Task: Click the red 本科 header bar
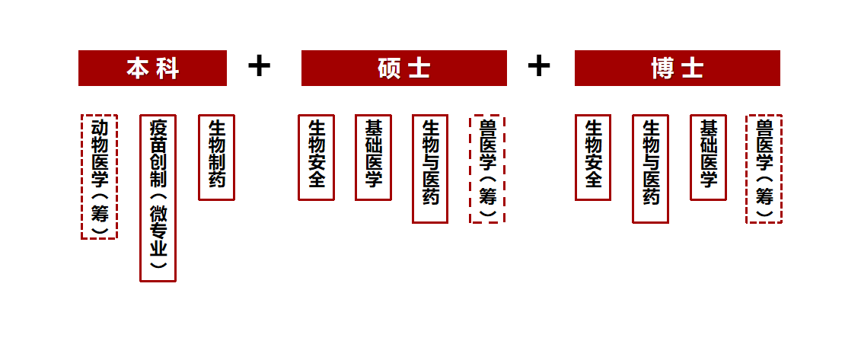[x=153, y=68]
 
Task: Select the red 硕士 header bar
[x=404, y=68]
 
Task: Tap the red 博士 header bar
[x=678, y=68]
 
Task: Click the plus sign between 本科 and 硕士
[x=259, y=66]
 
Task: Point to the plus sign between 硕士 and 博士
[x=539, y=66]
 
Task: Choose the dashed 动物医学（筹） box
[x=100, y=177]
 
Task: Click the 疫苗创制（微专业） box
[x=158, y=198]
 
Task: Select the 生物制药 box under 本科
[x=216, y=158]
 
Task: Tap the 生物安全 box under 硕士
[x=316, y=158]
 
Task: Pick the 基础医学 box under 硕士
[x=373, y=158]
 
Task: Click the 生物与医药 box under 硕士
[x=431, y=169]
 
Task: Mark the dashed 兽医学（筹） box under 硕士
[x=487, y=169]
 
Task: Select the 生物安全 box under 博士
[x=593, y=158]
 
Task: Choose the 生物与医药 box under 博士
[x=650, y=169]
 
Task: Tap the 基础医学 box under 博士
[x=708, y=158]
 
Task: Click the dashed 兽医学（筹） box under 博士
[x=764, y=169]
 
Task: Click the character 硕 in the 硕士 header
[x=389, y=68]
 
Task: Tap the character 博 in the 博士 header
[x=662, y=68]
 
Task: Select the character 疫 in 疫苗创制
[x=158, y=129]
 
